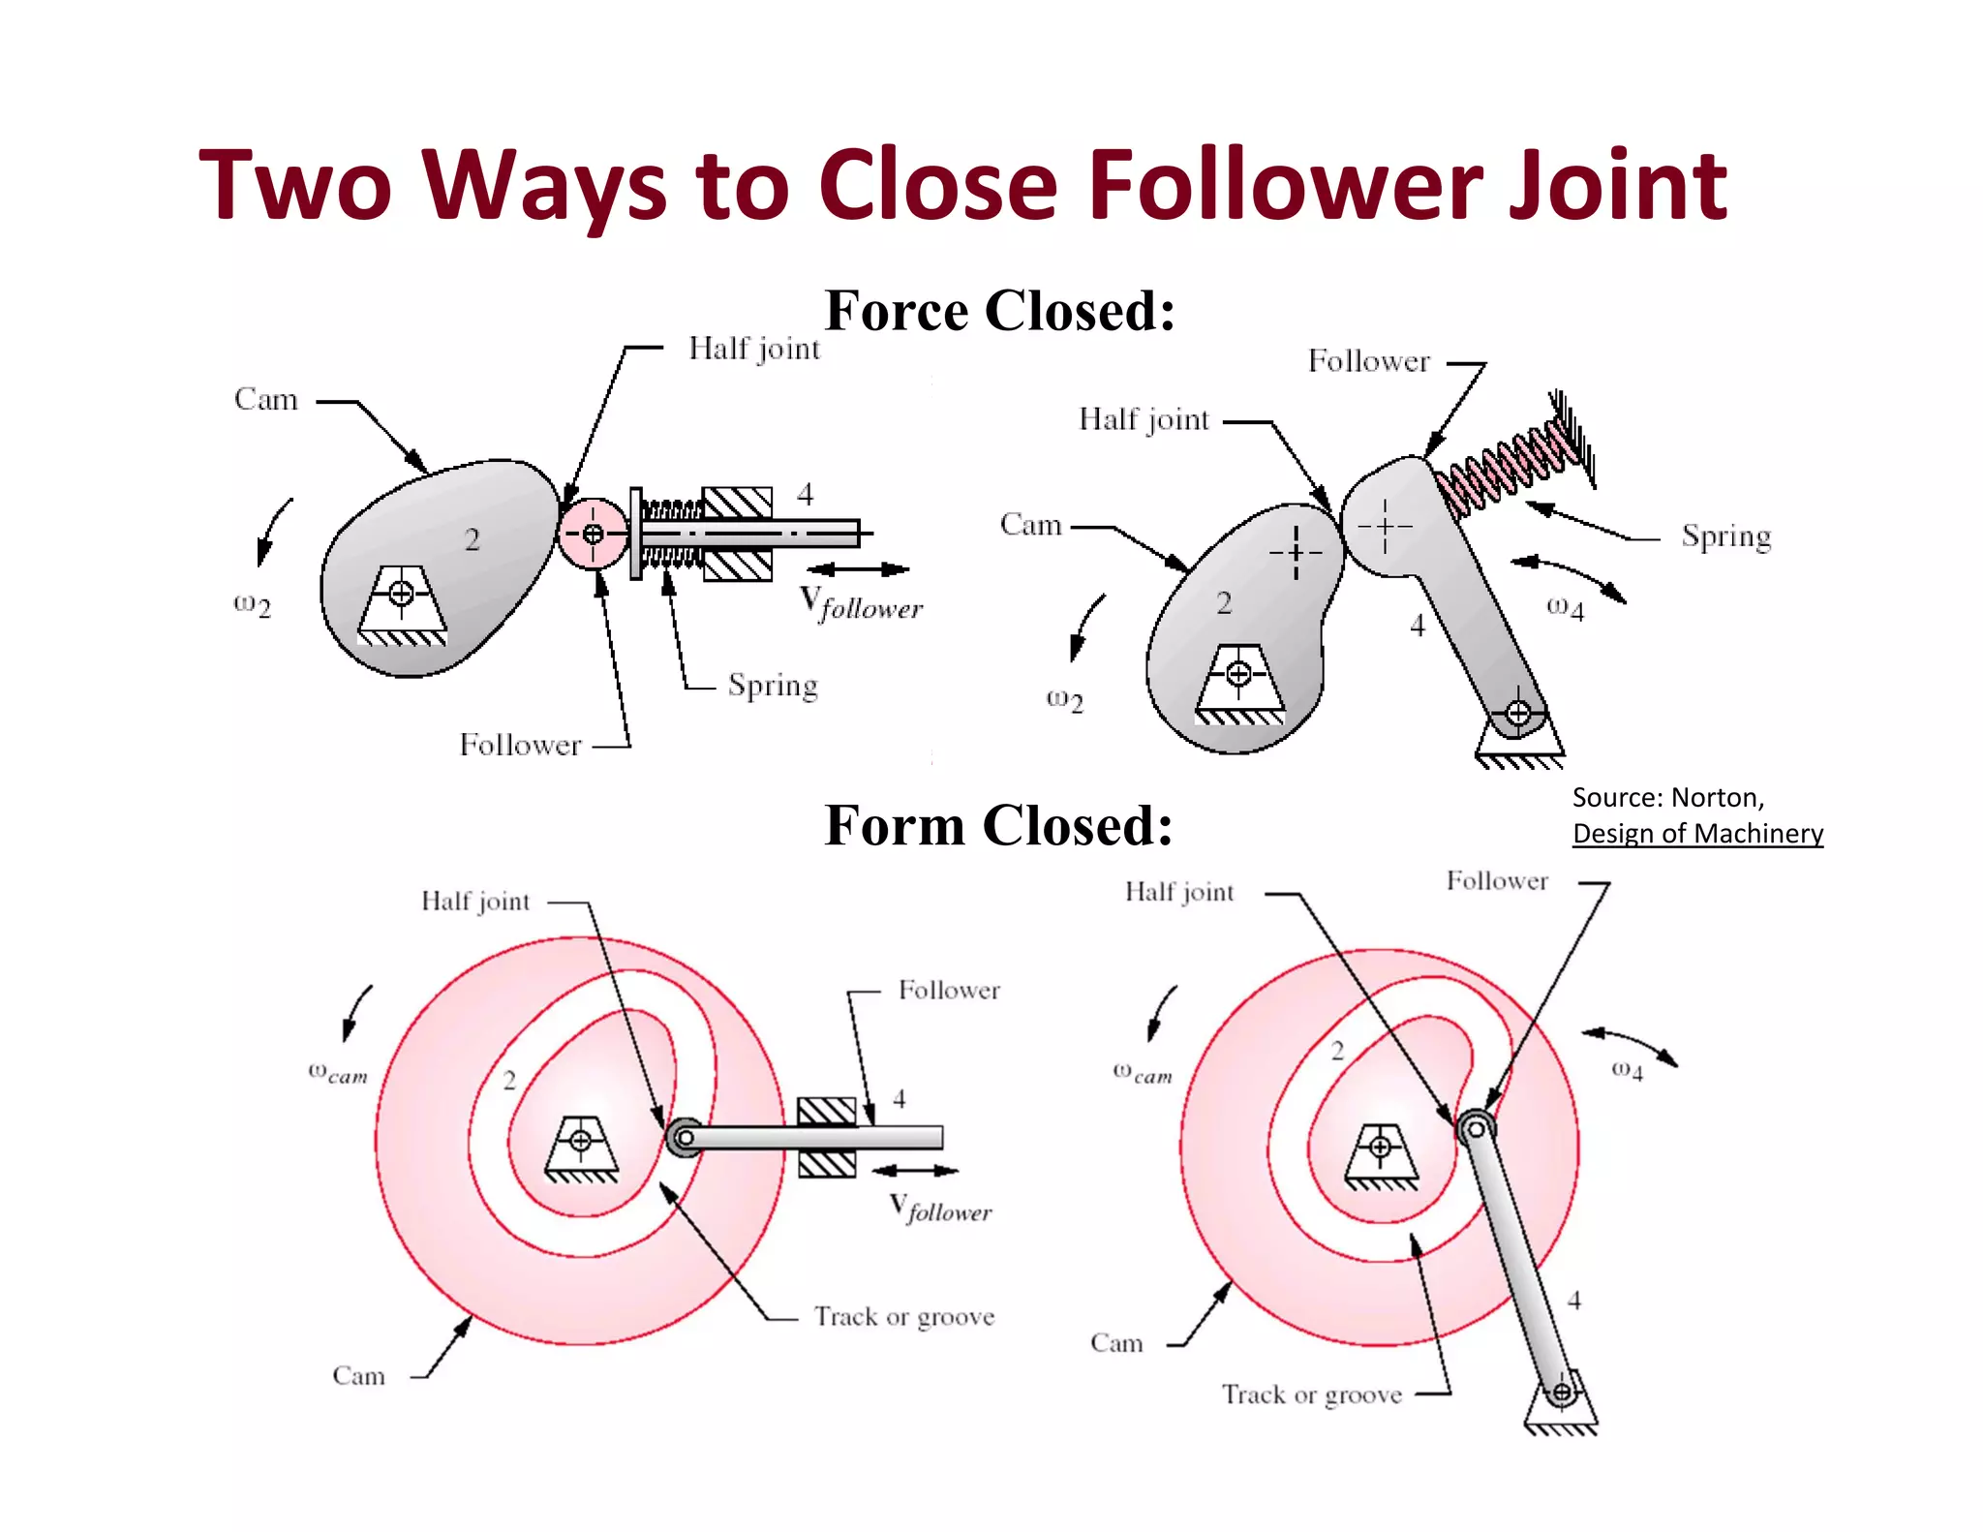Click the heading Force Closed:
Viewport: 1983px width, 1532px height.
tap(999, 311)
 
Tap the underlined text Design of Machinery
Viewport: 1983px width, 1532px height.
tap(1696, 834)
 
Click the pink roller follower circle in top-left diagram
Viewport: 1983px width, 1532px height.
tap(593, 534)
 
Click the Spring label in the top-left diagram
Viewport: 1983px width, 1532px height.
tap(773, 686)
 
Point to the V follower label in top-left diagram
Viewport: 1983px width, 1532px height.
tap(861, 603)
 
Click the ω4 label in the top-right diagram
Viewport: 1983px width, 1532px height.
tap(1565, 608)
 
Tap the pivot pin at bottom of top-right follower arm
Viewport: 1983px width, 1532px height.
tap(1517, 714)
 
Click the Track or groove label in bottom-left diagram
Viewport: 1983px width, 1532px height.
tap(903, 1317)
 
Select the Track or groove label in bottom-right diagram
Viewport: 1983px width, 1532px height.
tap(1311, 1394)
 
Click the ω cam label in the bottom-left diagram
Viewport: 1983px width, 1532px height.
tap(338, 1073)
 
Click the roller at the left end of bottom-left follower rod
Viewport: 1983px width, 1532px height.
tap(685, 1138)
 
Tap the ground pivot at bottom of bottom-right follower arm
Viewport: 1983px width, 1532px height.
tap(1561, 1394)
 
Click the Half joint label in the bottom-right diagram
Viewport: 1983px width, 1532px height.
tap(1179, 892)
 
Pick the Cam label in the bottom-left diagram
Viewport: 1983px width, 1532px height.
tap(358, 1376)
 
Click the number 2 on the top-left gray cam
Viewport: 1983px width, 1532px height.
tap(472, 539)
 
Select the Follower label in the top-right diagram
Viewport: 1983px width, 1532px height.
tap(1368, 361)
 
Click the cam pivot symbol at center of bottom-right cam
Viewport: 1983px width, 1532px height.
tap(1380, 1148)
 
